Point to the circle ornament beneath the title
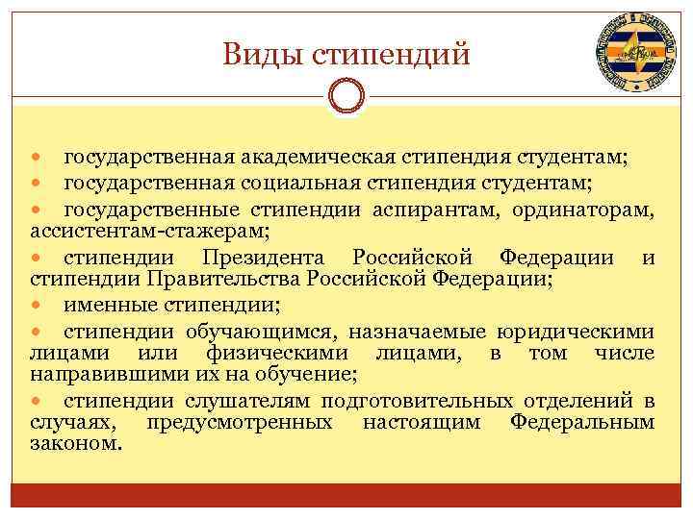346,98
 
